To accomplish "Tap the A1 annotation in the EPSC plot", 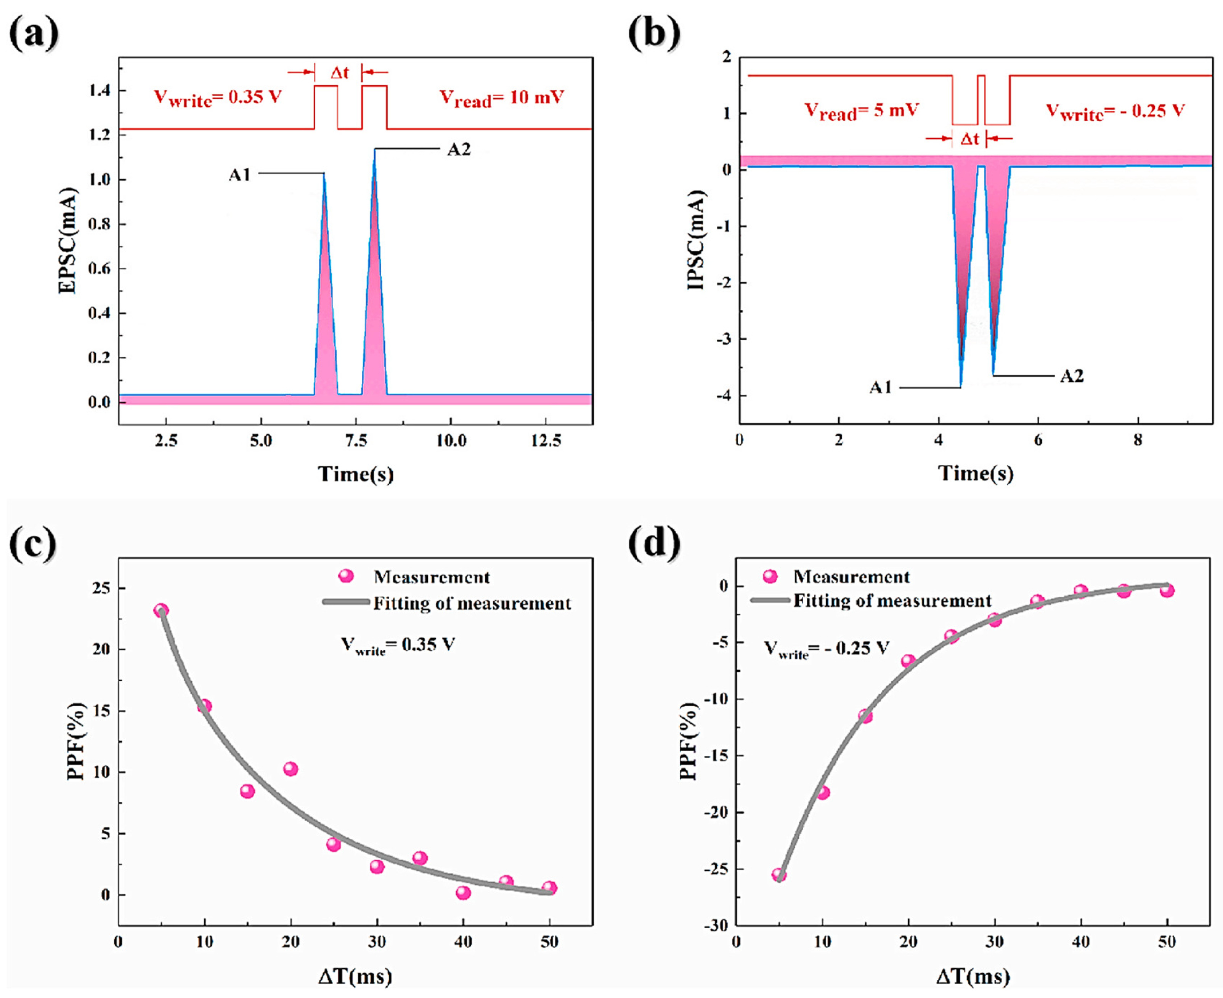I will [x=240, y=174].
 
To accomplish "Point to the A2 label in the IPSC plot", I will [x=1071, y=376].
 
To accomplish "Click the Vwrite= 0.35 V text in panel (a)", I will [x=217, y=98].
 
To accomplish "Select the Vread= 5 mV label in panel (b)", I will [x=861, y=111].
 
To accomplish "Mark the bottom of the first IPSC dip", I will [x=961, y=386].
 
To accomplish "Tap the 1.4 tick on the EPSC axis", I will [x=100, y=91].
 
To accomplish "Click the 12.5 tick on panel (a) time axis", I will [x=546, y=441].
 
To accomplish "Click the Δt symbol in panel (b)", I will [x=969, y=139].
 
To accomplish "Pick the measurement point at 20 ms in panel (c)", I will [x=291, y=769].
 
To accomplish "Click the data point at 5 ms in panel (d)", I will [x=779, y=875].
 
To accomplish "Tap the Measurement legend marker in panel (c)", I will [x=345, y=576].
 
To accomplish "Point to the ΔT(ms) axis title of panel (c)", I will [x=355, y=976].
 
